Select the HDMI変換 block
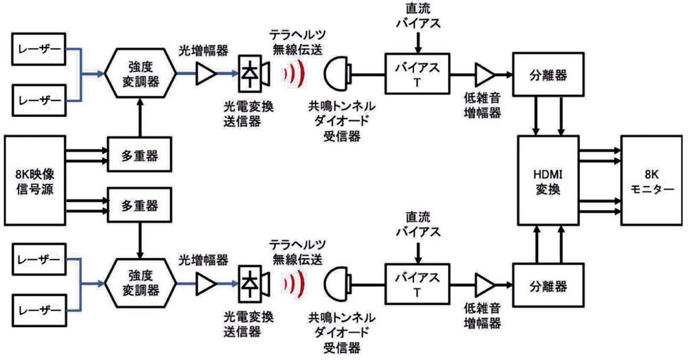coord(548,180)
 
